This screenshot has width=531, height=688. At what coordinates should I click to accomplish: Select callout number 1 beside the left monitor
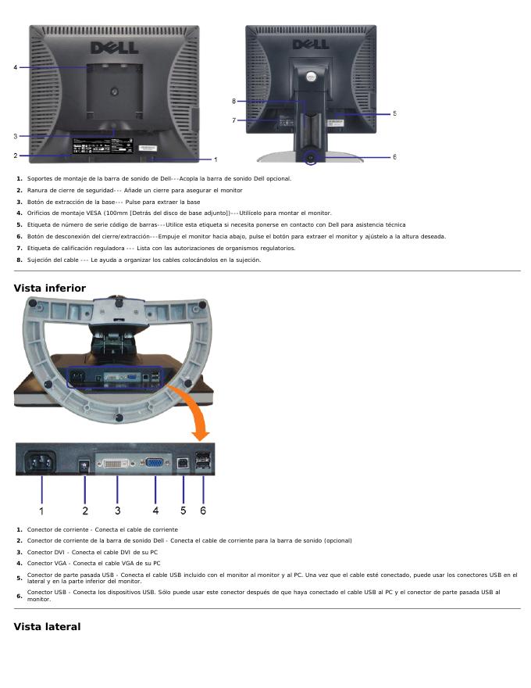(216, 159)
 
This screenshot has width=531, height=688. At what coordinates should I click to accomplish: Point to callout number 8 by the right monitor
(233, 101)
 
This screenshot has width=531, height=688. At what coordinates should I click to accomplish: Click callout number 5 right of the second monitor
(394, 113)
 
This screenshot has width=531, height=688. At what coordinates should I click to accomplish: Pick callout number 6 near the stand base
(394, 156)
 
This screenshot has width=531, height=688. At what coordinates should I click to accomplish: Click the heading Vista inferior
(50, 288)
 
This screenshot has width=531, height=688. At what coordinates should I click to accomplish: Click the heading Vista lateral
(47, 626)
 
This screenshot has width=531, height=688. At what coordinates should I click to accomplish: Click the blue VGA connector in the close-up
(155, 464)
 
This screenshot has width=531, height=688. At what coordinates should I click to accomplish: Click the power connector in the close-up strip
(41, 464)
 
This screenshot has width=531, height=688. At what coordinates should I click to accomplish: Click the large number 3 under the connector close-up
(117, 511)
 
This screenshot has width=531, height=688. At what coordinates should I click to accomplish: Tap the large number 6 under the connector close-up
(203, 511)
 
